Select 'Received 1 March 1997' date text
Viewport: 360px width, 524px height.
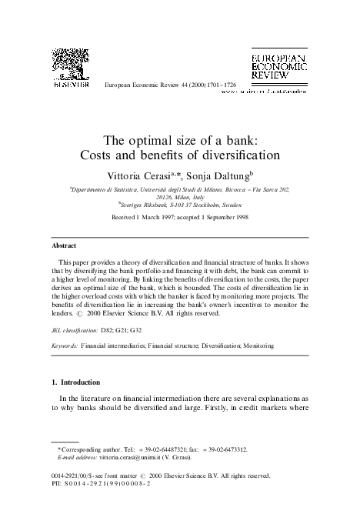pos(146,219)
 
